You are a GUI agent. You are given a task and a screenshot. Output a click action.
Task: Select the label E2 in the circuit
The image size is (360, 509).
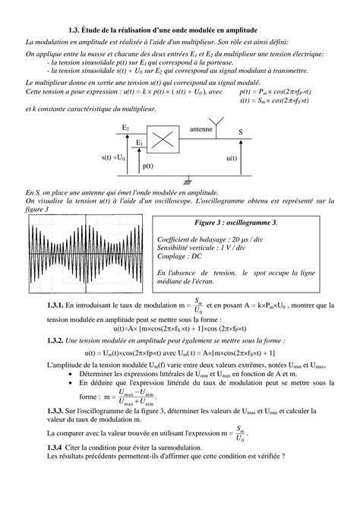[x=125, y=129]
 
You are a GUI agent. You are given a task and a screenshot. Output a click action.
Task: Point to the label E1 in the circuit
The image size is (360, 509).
[x=140, y=141]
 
